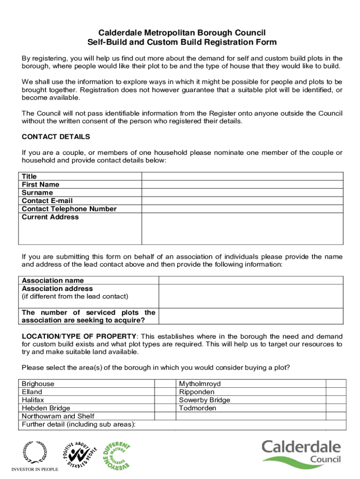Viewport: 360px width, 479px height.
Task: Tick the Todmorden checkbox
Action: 336,408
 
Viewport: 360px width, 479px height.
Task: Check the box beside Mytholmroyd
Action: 336,384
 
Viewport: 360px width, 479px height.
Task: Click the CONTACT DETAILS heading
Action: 56,137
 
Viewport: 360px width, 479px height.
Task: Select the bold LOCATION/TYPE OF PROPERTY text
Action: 79,337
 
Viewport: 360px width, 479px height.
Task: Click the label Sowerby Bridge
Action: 204,400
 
